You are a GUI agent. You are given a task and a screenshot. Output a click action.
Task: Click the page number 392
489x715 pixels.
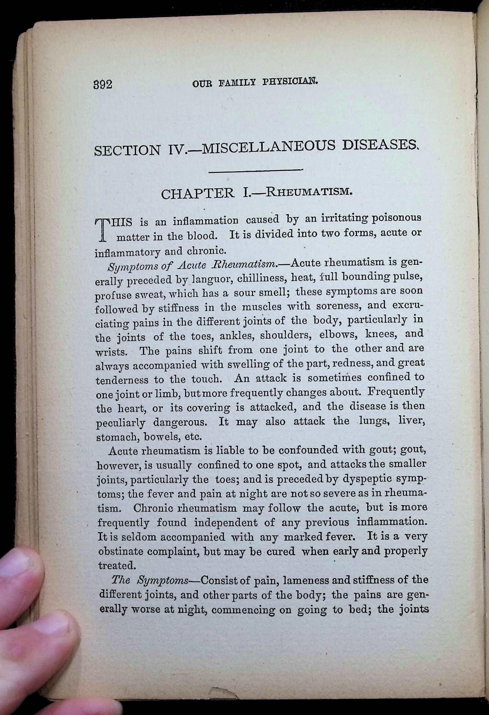coord(103,84)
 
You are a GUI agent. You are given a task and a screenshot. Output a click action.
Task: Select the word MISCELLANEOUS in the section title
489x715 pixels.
coord(268,147)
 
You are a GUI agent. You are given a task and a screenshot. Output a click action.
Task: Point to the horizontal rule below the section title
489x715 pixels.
coord(255,170)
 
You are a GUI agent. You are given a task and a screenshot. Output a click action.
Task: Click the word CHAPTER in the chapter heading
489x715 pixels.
coord(198,194)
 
